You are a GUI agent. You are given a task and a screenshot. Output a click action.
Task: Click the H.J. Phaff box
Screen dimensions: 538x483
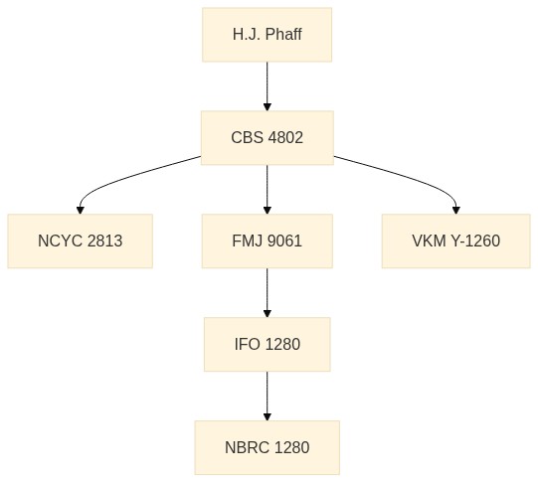click(267, 35)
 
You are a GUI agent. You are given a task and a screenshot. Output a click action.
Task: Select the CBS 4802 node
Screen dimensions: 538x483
click(267, 138)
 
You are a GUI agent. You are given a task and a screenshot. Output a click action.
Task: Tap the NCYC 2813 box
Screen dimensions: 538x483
click(80, 241)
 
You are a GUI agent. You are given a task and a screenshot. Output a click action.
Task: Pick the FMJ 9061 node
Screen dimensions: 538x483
click(267, 241)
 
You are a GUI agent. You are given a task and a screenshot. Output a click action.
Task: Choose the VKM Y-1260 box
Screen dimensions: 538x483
click(456, 241)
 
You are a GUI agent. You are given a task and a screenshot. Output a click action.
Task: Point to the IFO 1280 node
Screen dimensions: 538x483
click(267, 344)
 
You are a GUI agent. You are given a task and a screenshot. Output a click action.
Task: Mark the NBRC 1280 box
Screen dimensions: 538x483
click(267, 447)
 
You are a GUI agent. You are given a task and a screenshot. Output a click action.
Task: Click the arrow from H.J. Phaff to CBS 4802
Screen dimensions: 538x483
click(267, 86)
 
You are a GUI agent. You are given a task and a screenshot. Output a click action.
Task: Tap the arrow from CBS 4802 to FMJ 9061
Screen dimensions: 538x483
click(267, 190)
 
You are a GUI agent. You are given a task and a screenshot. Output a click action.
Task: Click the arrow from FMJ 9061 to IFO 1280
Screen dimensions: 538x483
click(267, 293)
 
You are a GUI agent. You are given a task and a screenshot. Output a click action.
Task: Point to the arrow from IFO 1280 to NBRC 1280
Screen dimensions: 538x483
click(267, 396)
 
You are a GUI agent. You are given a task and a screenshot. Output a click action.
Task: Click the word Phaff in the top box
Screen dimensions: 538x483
click(283, 34)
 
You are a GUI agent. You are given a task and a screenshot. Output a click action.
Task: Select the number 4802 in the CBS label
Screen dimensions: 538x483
click(285, 138)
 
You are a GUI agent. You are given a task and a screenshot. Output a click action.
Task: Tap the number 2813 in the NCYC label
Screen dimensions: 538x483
click(104, 241)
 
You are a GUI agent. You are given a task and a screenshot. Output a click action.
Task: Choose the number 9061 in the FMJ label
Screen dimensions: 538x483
click(284, 241)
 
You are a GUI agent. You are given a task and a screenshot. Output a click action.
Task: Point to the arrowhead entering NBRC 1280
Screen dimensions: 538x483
click(267, 416)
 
